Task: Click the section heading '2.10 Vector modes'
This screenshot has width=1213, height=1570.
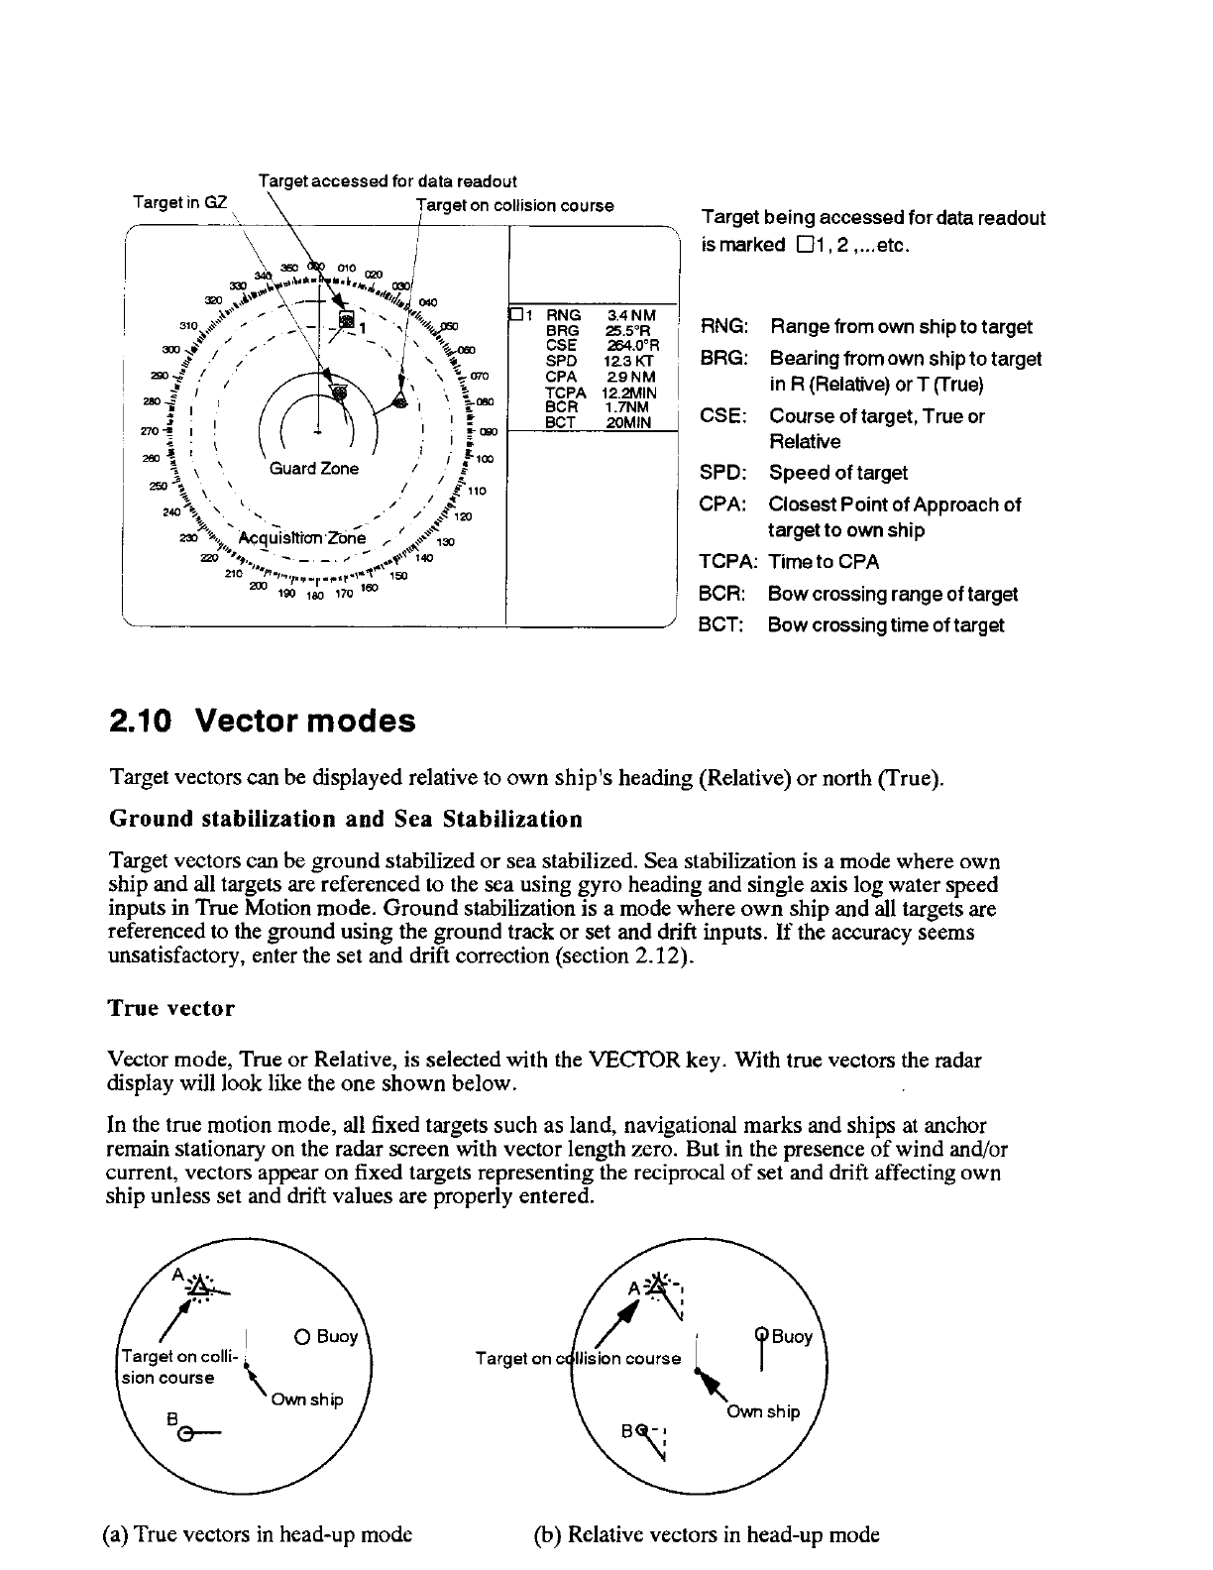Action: pyautogui.click(x=262, y=721)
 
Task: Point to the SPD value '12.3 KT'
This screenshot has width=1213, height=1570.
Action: pyautogui.click(x=629, y=362)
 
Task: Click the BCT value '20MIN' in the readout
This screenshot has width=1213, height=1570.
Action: pyautogui.click(x=629, y=421)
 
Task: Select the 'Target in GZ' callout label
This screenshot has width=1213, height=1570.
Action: pyautogui.click(x=180, y=203)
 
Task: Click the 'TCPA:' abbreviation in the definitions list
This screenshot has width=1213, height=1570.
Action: pyautogui.click(x=728, y=562)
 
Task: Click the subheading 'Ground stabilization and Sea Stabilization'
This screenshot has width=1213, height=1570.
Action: pyautogui.click(x=345, y=820)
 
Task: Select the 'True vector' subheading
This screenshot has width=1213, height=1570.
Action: pyautogui.click(x=171, y=1009)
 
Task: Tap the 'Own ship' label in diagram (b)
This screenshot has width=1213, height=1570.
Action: pyautogui.click(x=763, y=1411)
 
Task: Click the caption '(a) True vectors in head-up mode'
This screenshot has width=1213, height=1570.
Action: pyautogui.click(x=257, y=1535)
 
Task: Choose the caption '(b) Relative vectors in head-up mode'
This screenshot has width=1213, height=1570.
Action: pyautogui.click(x=707, y=1535)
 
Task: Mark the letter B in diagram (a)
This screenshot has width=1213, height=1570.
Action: pyautogui.click(x=172, y=1417)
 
